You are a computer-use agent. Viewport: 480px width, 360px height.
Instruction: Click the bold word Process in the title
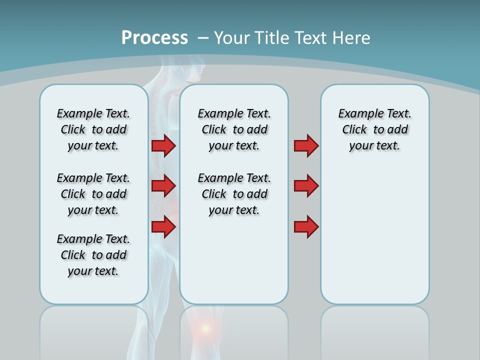pos(154,37)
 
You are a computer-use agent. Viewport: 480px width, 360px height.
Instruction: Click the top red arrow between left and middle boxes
pos(163,145)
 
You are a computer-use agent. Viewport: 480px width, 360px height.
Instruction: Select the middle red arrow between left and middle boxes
pos(163,186)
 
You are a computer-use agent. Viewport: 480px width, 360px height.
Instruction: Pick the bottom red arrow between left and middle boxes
pos(163,227)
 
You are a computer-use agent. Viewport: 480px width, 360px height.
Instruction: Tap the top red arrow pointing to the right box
pos(306,145)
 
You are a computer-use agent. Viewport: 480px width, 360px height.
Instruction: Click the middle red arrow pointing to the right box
pos(306,186)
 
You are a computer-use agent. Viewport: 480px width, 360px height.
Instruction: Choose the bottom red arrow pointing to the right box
pos(306,227)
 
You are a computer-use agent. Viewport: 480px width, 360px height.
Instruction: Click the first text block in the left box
pos(93,129)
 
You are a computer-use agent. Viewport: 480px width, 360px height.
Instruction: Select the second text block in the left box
pos(93,194)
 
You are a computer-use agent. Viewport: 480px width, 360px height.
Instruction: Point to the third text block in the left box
pos(93,255)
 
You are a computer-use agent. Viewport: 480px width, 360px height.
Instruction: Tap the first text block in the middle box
pos(234,129)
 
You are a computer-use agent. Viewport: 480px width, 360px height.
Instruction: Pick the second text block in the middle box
pos(234,194)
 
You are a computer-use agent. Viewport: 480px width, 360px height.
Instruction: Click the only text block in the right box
pos(374,129)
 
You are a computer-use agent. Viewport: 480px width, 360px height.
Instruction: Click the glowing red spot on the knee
pos(205,328)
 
